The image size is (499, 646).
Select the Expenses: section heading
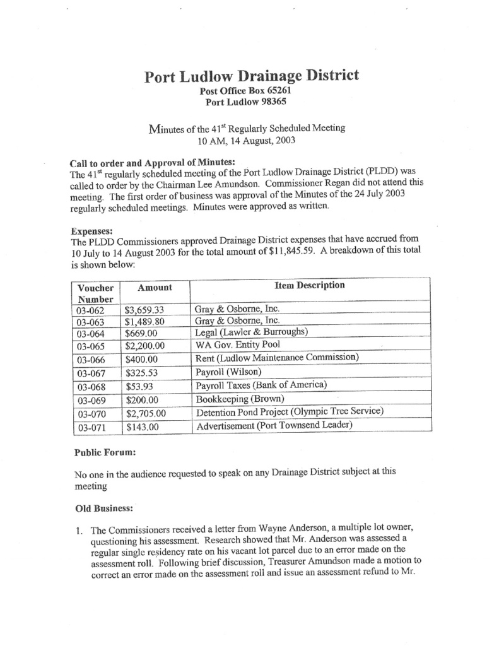(92, 232)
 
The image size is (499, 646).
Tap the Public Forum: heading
(105, 452)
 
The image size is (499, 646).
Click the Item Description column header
(310, 285)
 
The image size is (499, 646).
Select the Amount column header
(155, 287)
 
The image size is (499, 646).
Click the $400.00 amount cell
(141, 358)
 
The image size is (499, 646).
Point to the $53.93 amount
(138, 385)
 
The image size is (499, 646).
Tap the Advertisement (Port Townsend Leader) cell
(274, 426)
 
